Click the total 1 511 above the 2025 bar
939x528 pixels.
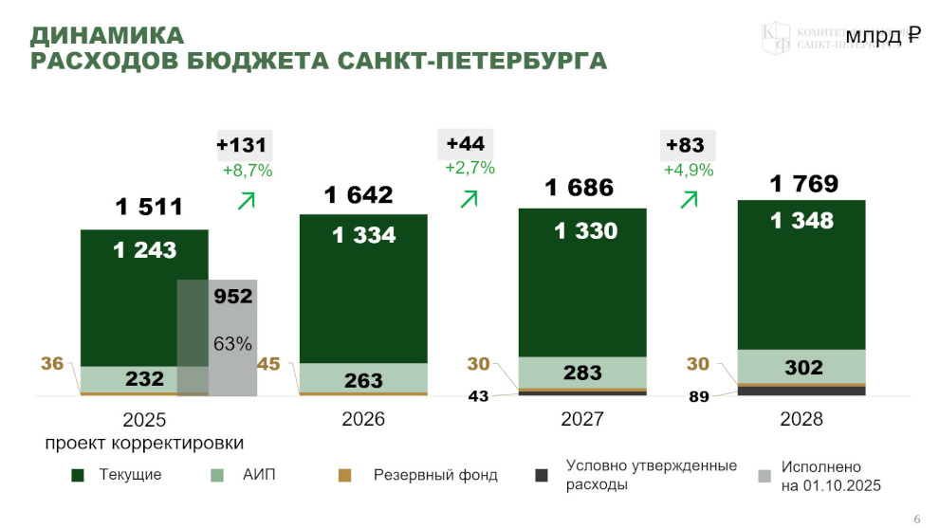[149, 207]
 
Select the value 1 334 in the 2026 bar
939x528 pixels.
[363, 235]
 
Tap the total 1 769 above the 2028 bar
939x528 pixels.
[804, 183]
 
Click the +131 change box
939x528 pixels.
[244, 145]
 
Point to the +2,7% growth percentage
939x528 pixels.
[469, 168]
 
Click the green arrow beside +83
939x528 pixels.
[689, 199]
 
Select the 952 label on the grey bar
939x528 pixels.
[232, 296]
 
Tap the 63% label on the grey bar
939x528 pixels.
[232, 343]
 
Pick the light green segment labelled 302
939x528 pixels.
[802, 366]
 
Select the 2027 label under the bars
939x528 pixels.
[581, 419]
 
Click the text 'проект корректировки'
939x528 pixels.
[144, 443]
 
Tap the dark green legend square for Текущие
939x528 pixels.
[78, 475]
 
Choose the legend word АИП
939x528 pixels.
[260, 475]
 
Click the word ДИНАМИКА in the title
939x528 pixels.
[107, 36]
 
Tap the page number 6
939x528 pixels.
[916, 519]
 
